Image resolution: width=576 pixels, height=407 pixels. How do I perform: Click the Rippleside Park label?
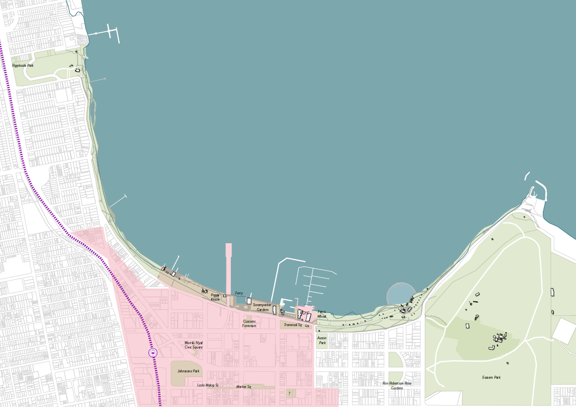tap(23, 65)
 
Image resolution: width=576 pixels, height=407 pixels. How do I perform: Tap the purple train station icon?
tap(153, 352)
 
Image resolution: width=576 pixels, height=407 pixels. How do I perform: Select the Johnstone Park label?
tap(188, 371)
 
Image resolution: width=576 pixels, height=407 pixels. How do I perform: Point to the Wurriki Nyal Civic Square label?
tap(193, 345)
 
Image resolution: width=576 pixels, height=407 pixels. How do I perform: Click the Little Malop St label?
tap(207, 385)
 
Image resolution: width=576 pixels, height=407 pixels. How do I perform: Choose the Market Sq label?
tap(243, 387)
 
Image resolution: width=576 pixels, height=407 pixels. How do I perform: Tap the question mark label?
tap(289, 393)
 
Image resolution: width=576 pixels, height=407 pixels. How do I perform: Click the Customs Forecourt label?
tap(249, 324)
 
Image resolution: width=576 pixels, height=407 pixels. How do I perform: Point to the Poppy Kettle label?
tap(215, 297)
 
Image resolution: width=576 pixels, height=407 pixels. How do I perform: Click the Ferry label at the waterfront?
tap(239, 293)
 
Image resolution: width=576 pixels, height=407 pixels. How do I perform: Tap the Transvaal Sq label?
tap(293, 325)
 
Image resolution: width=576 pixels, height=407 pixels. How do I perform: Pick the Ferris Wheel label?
tap(322, 314)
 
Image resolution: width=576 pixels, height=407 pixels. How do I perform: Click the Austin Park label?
tap(322, 340)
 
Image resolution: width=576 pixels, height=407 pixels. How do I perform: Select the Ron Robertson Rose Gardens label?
tap(397, 386)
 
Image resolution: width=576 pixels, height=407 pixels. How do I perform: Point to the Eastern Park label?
tap(491, 377)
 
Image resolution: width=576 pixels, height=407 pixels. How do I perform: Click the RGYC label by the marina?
tap(304, 313)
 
